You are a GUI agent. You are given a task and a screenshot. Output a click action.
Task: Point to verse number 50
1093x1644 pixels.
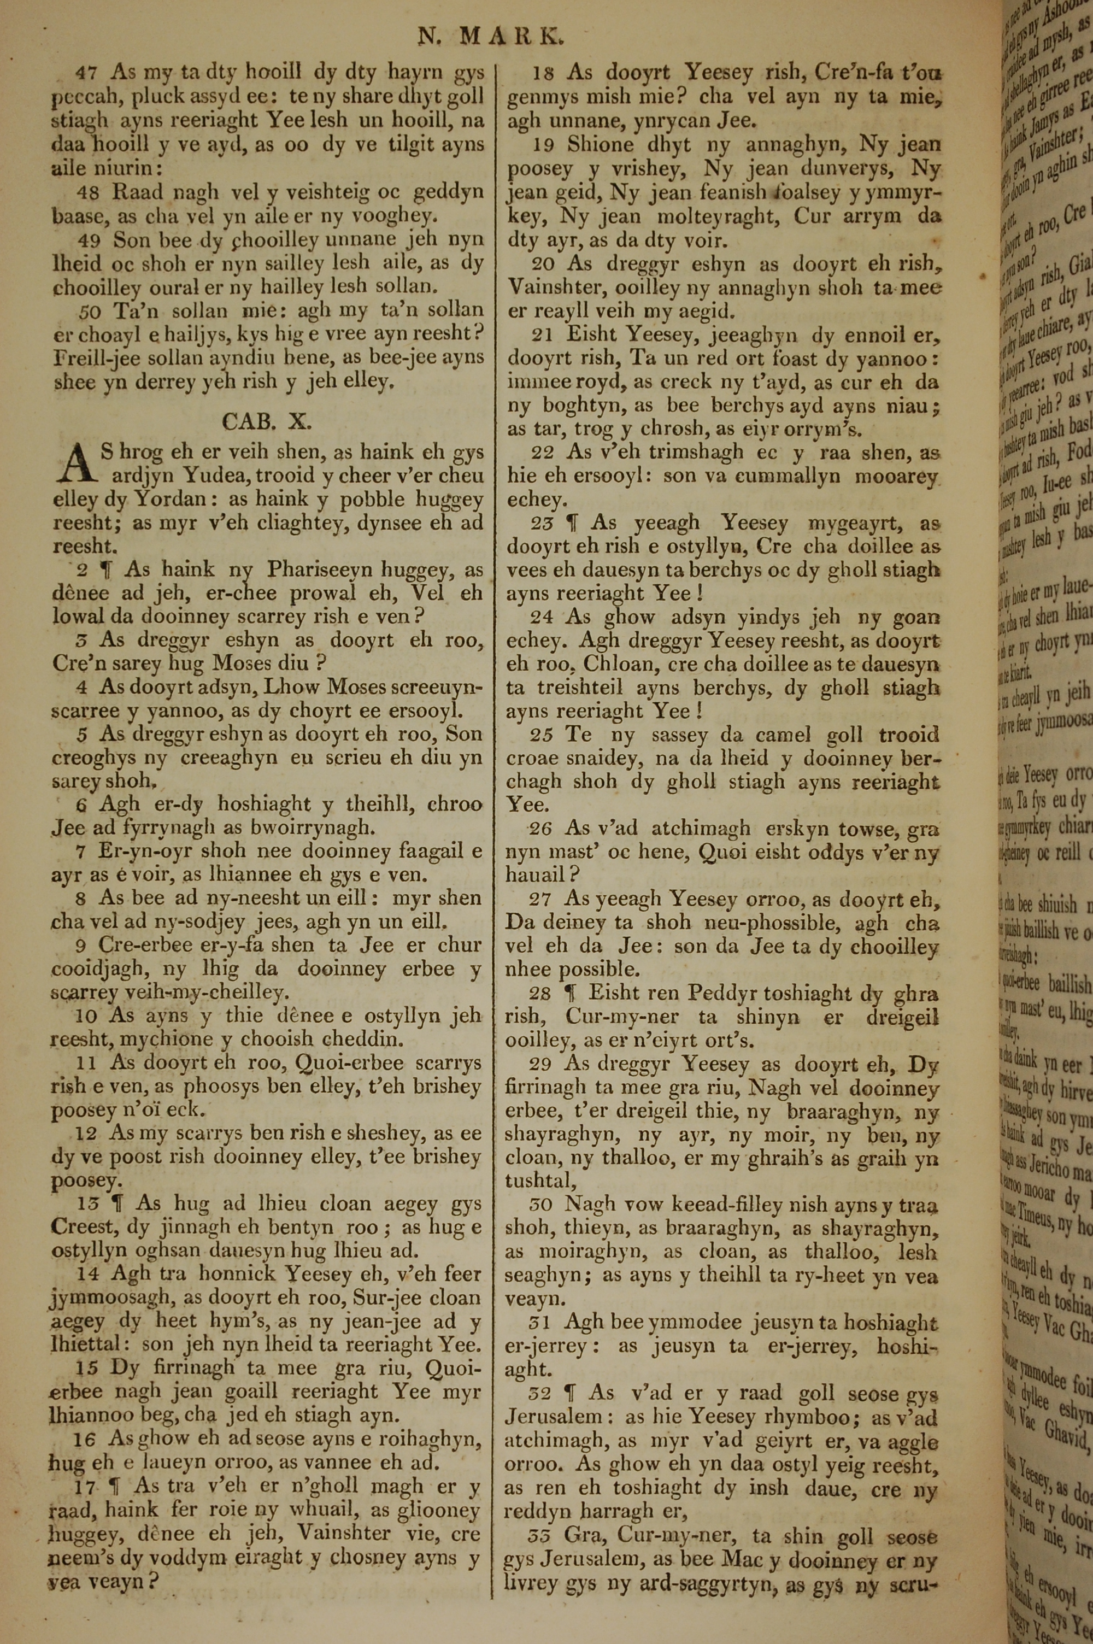point(89,310)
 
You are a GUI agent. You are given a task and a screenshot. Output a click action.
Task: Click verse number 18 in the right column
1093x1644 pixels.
point(544,72)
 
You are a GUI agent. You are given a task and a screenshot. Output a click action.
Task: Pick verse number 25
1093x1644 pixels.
point(541,735)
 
